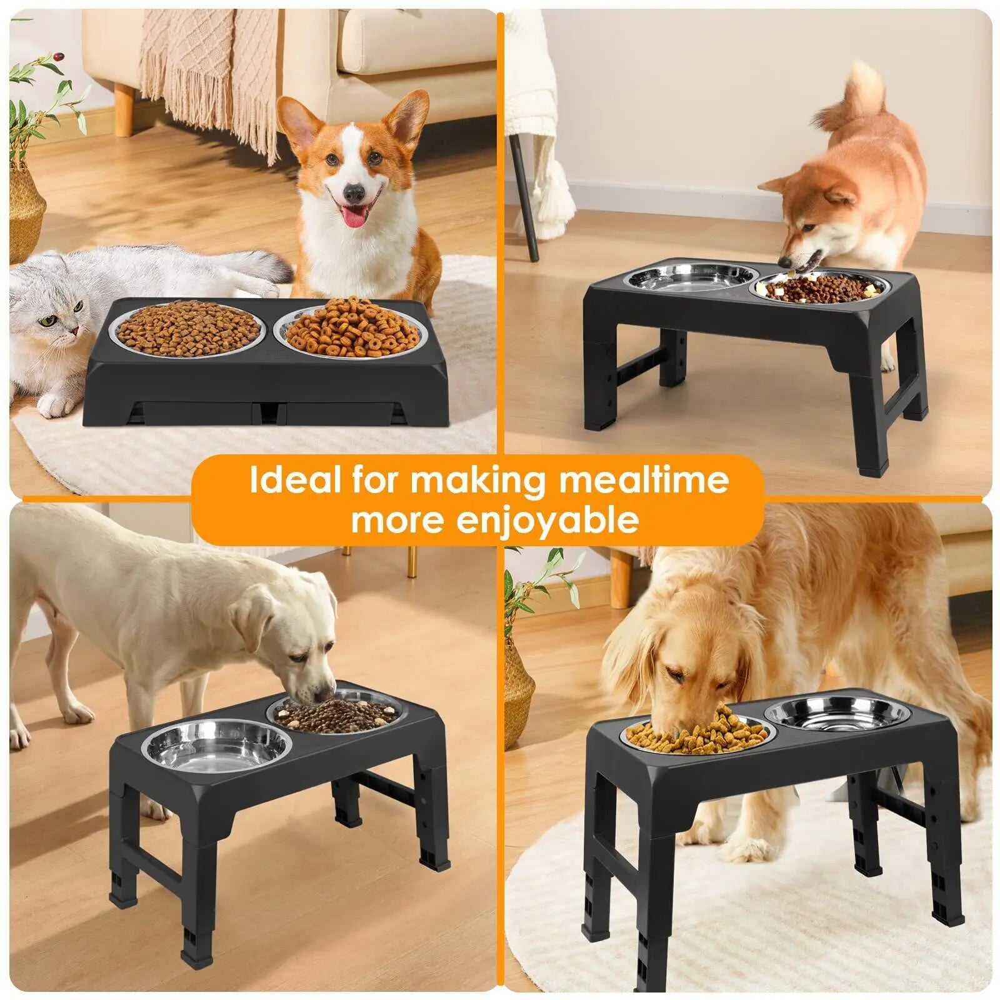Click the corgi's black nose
point(354,191)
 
